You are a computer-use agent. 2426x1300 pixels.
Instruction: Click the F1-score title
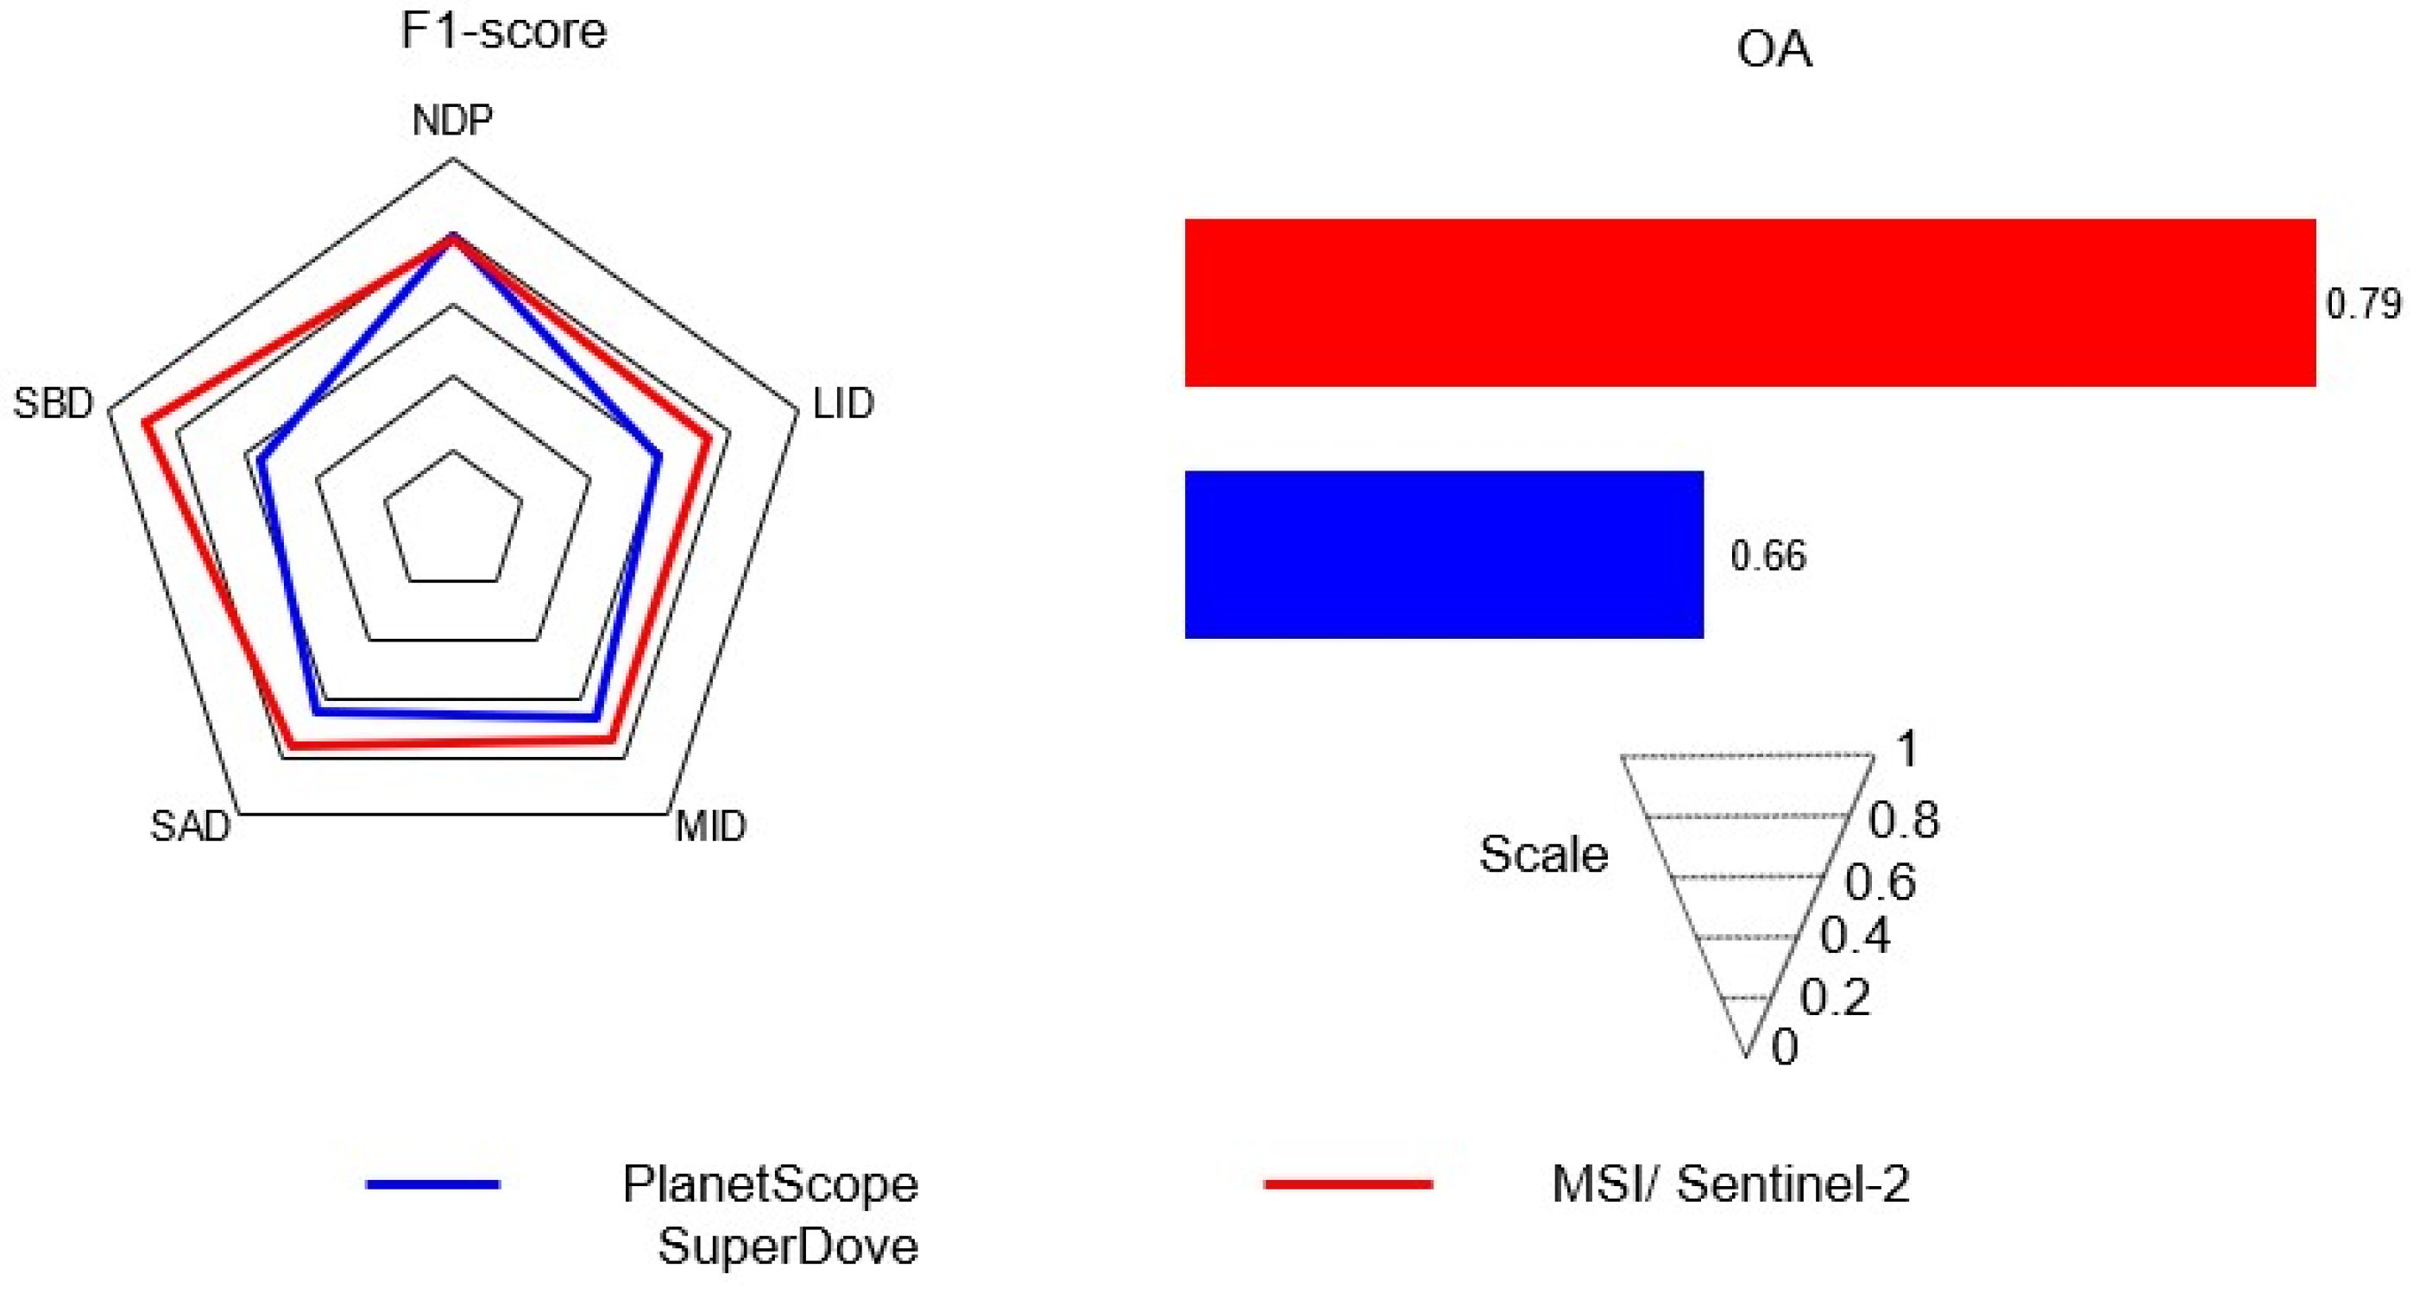[x=503, y=31]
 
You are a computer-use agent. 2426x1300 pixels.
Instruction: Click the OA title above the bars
[x=1774, y=49]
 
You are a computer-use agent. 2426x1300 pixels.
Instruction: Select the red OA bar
[x=1749, y=302]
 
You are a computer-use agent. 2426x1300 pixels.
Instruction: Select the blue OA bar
[x=1443, y=554]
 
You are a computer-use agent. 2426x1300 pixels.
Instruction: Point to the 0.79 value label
[x=2364, y=303]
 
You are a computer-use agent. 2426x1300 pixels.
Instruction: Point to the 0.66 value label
[x=1768, y=556]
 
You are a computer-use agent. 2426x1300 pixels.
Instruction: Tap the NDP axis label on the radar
[x=452, y=120]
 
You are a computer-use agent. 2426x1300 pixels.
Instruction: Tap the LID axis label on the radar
[x=843, y=403]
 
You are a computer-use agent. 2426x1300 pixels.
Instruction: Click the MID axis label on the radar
[x=711, y=826]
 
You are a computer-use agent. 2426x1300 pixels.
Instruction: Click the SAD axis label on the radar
[x=190, y=826]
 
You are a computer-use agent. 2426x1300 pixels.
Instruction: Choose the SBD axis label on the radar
[x=54, y=403]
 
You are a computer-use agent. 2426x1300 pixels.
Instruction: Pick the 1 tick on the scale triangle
[x=1907, y=749]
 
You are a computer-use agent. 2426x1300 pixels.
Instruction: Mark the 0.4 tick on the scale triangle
[x=1855, y=936]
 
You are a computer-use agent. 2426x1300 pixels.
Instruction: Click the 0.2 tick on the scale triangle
[x=1834, y=997]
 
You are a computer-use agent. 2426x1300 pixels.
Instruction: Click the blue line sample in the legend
[x=432, y=1184]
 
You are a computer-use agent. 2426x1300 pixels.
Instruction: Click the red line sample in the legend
[x=1348, y=1184]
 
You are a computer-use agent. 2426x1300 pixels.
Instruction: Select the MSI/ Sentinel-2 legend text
[x=1730, y=1184]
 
